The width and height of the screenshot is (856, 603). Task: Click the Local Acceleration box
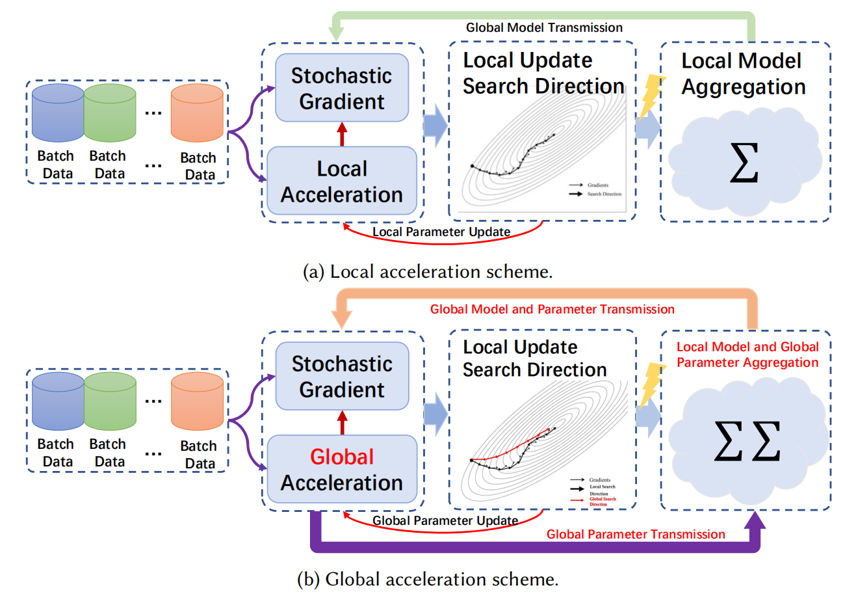pos(342,181)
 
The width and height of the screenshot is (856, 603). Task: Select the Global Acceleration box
pos(342,469)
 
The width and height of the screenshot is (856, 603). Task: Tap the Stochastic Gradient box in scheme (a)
pos(342,88)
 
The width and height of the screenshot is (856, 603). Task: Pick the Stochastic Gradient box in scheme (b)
pos(342,376)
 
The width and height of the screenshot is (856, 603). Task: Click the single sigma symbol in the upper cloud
pos(744,164)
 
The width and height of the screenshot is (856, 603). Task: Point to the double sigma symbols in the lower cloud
pos(747,442)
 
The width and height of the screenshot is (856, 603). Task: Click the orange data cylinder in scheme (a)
pos(197,113)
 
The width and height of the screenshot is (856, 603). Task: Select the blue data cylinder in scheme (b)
pos(58,401)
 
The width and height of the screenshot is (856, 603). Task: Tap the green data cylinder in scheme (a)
pos(110,113)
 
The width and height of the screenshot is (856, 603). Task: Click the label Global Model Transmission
pos(544,27)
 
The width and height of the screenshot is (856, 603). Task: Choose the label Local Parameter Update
pos(441,232)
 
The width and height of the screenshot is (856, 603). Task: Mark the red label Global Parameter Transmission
pos(636,534)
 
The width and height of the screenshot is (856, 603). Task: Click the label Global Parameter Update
pos(445,520)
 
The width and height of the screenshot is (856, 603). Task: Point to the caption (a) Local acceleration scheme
pos(428,271)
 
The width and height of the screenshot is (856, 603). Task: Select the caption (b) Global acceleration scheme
pos(428,579)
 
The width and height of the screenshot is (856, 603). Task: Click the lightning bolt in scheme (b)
pos(651,385)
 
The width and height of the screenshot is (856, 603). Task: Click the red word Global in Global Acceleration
pos(342,457)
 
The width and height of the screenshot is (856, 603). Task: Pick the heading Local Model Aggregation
pos(743,74)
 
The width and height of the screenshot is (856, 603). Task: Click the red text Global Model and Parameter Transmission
pos(552,309)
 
